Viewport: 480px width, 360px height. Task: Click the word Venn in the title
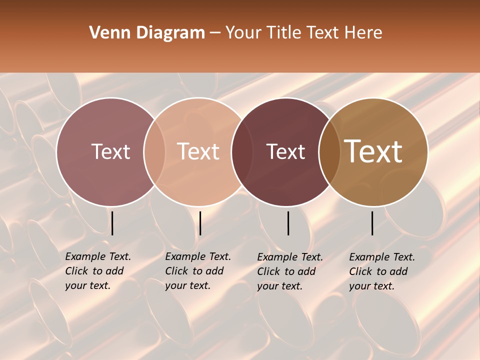pos(107,33)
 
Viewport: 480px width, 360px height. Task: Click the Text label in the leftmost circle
pos(110,151)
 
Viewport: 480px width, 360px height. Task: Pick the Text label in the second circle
pos(198,151)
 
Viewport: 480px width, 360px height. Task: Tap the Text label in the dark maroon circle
pos(285,151)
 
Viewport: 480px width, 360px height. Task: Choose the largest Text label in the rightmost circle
pos(373,151)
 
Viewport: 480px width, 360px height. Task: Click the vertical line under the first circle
pos(112,223)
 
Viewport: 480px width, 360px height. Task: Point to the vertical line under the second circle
pos(200,223)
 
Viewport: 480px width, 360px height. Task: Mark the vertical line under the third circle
pos(288,223)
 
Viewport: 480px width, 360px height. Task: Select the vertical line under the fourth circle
pos(372,223)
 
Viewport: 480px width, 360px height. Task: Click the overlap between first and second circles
pos(154,151)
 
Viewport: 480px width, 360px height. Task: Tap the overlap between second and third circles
pos(241,151)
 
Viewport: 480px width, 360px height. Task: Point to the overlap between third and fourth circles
pos(329,151)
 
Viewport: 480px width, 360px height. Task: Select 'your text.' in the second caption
pos(187,285)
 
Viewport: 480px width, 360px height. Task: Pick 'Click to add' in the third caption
pos(286,271)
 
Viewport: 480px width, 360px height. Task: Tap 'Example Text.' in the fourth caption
pos(382,257)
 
